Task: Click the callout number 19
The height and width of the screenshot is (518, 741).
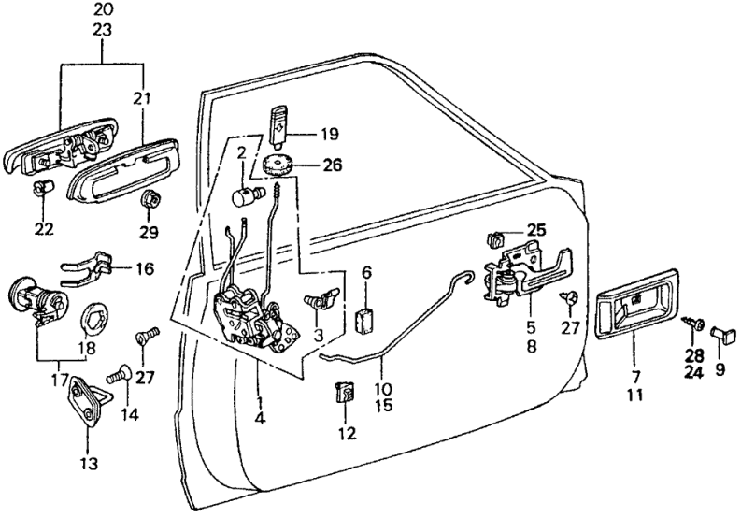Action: click(x=330, y=133)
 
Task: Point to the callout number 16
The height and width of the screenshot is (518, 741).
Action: click(x=144, y=269)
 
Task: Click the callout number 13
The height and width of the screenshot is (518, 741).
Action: click(x=87, y=463)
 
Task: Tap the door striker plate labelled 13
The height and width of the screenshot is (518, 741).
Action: click(x=85, y=400)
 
